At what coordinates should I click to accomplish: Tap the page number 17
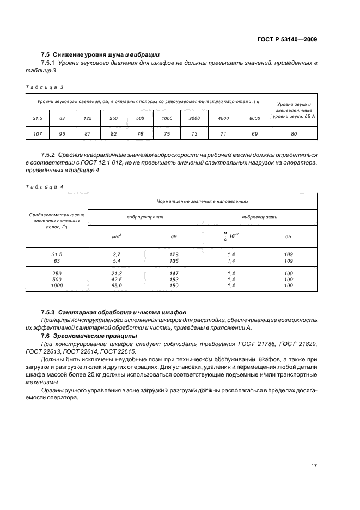tap(314, 466)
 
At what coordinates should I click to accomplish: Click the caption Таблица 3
tap(45, 87)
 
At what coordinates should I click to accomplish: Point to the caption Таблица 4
tap(45, 186)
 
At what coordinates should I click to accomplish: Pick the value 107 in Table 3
tap(38, 134)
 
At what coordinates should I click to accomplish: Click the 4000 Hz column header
tap(223, 118)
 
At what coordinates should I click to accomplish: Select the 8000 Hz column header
tap(255, 118)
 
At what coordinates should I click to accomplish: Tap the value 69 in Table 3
tap(255, 134)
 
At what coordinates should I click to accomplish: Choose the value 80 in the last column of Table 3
tap(294, 134)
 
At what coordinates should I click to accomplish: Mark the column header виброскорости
tap(260, 216)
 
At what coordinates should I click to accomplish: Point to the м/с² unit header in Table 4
tap(116, 236)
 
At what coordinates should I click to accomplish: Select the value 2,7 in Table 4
tap(116, 254)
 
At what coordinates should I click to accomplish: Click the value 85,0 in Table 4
tap(116, 285)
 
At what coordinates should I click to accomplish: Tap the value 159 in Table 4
tap(174, 285)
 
